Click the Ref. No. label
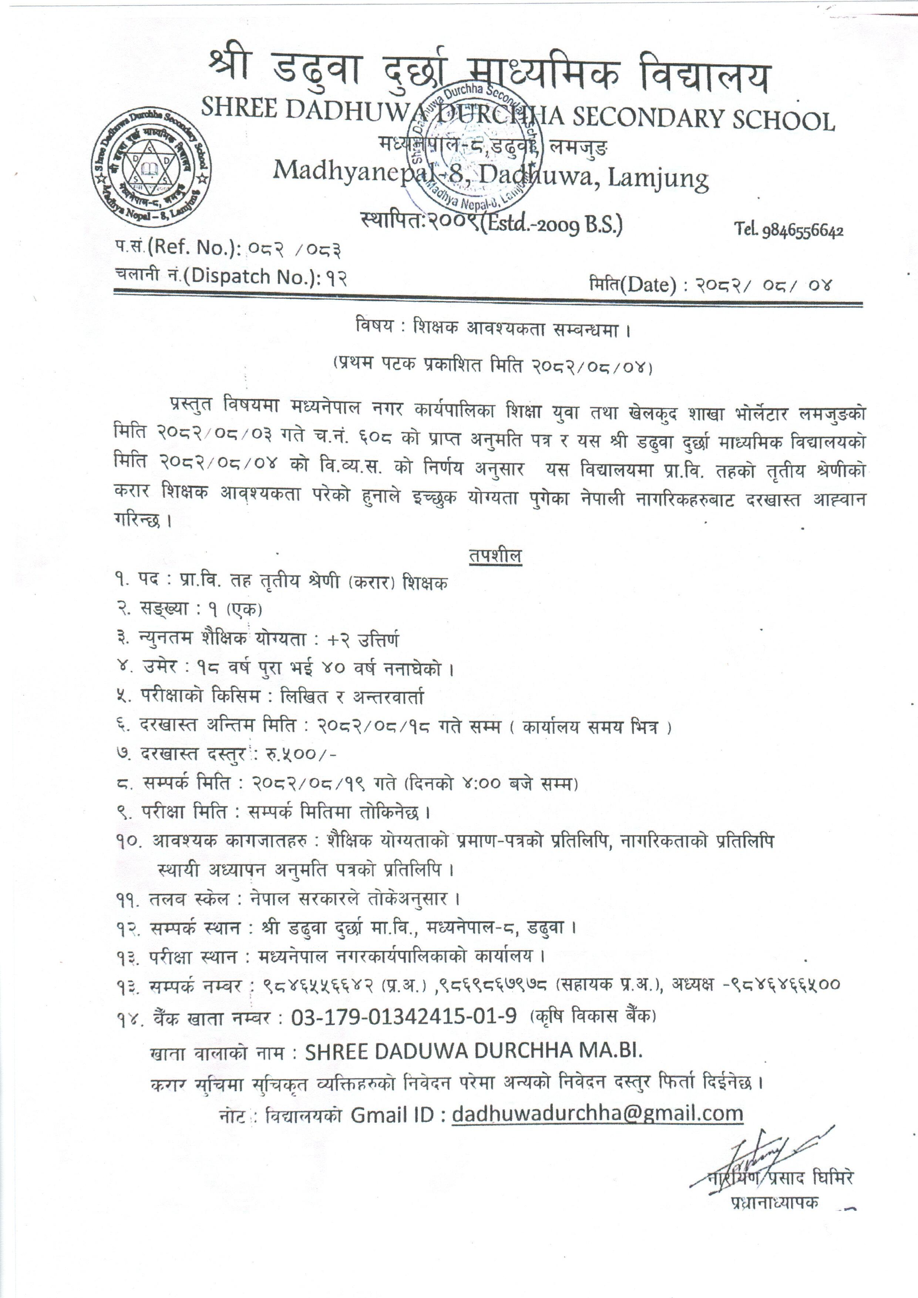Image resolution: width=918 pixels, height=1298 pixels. tap(192, 246)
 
